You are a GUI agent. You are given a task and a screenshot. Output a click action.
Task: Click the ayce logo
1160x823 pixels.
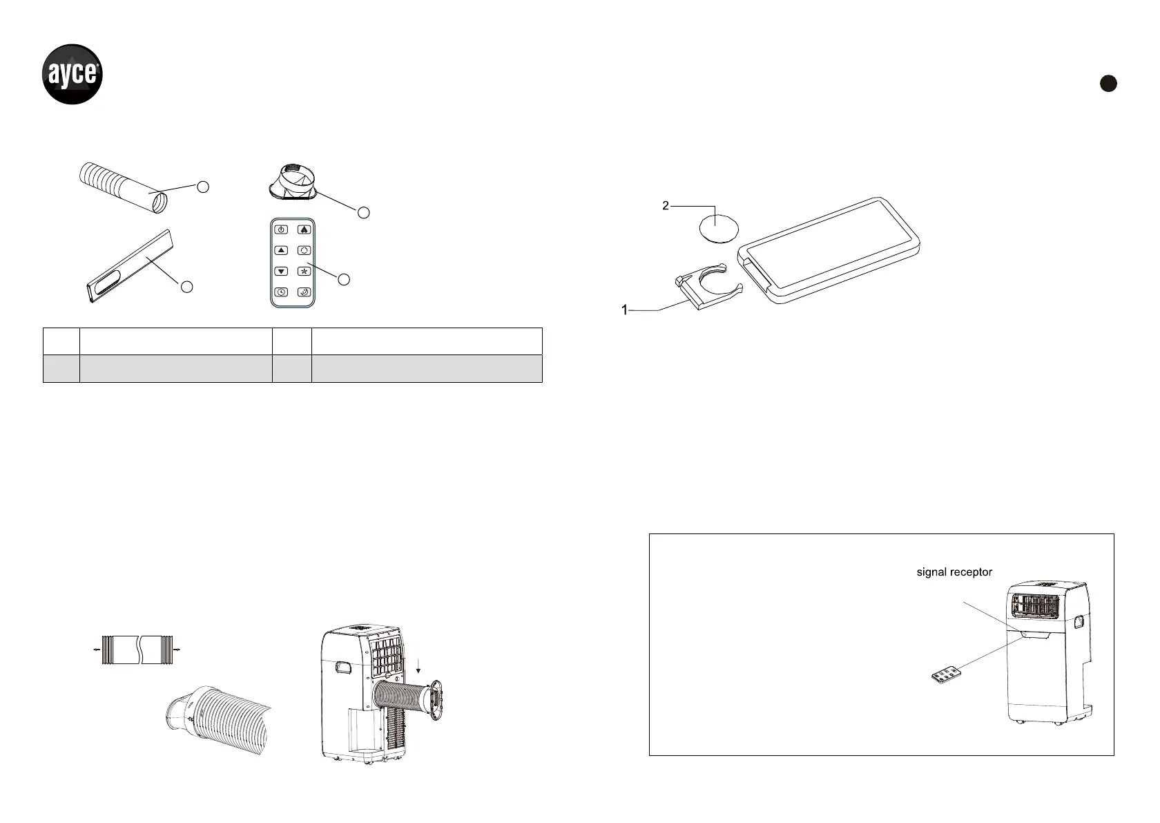tap(72, 74)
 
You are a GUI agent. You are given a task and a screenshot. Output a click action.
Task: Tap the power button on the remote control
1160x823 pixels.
tap(281, 229)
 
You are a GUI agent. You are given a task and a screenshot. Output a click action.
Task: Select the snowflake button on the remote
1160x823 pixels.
tap(304, 272)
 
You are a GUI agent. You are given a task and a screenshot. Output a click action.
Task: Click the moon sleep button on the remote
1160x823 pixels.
tap(304, 293)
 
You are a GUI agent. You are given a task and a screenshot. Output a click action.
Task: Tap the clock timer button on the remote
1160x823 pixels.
tap(281, 293)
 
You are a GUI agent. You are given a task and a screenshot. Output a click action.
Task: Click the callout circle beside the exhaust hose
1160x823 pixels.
tap(202, 186)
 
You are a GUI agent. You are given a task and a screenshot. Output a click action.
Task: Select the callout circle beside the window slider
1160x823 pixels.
tap(186, 286)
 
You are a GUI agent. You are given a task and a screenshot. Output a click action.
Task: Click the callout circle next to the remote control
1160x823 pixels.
tap(345, 279)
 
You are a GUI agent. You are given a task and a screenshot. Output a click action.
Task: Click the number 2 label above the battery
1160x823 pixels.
tap(665, 205)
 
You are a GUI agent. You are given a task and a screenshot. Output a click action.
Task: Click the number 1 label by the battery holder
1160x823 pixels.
tap(625, 310)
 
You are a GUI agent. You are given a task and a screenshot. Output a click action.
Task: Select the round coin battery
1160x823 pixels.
tap(719, 227)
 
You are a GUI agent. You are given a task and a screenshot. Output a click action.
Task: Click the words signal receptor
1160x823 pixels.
tap(954, 571)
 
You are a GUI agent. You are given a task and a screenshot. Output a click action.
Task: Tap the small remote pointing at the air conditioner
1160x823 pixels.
tap(944, 673)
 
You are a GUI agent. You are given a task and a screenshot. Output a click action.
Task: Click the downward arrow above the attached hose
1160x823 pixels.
tap(418, 664)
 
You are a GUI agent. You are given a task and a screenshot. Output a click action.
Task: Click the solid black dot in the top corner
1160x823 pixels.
tap(1108, 83)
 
